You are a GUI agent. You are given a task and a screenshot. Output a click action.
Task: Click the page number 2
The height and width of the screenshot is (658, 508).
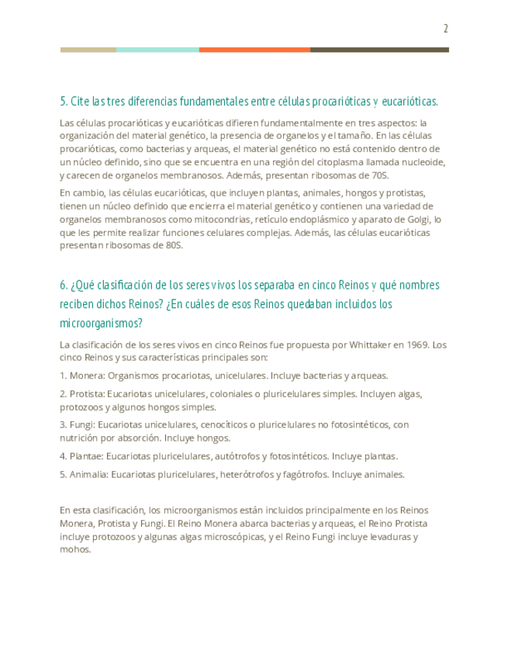click(x=446, y=29)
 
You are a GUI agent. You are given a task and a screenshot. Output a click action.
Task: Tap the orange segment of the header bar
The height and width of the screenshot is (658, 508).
click(x=254, y=50)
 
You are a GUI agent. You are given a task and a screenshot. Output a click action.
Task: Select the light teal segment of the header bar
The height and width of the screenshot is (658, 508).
click(x=157, y=50)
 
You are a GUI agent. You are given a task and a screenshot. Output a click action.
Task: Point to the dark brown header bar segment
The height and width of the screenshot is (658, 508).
click(x=379, y=50)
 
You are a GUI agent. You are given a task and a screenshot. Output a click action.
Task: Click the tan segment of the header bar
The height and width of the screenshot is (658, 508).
click(x=88, y=50)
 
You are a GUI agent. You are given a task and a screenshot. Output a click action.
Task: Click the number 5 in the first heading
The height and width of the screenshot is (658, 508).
click(x=63, y=102)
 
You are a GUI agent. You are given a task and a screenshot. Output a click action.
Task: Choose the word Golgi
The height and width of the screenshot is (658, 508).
click(x=410, y=220)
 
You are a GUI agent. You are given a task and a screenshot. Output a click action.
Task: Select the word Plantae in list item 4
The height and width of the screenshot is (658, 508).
click(x=85, y=456)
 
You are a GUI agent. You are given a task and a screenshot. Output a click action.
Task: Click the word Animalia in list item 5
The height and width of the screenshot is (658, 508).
click(x=88, y=474)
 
